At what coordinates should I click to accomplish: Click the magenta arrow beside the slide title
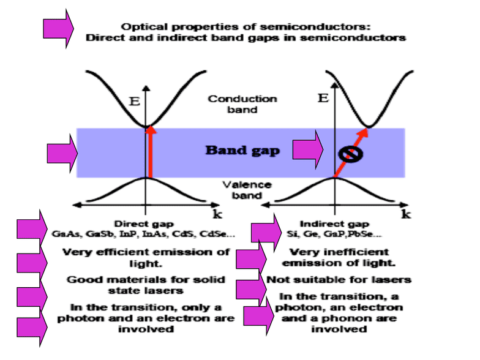pos(58,28)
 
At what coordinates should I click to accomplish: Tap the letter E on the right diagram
pos(323,97)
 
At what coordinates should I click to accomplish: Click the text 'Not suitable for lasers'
pos(339,280)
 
